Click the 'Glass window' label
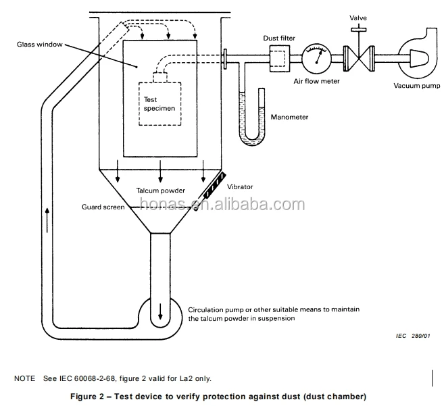coord(40,44)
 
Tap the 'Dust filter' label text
coord(279,38)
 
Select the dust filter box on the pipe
coord(280,59)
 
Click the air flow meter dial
coord(316,58)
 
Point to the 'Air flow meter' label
coord(316,81)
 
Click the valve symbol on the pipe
coord(359,58)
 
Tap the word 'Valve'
coord(358,18)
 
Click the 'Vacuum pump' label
coord(416,86)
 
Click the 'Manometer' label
coord(289,117)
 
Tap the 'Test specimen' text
coord(159,104)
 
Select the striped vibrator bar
coord(215,185)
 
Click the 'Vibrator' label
coord(240,187)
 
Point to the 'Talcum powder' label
coord(160,191)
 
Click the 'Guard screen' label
coord(103,207)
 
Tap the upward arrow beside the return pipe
coord(47,220)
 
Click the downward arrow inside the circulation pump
coord(160,311)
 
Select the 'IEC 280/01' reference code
coord(413,336)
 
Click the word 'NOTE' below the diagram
coord(24,378)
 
